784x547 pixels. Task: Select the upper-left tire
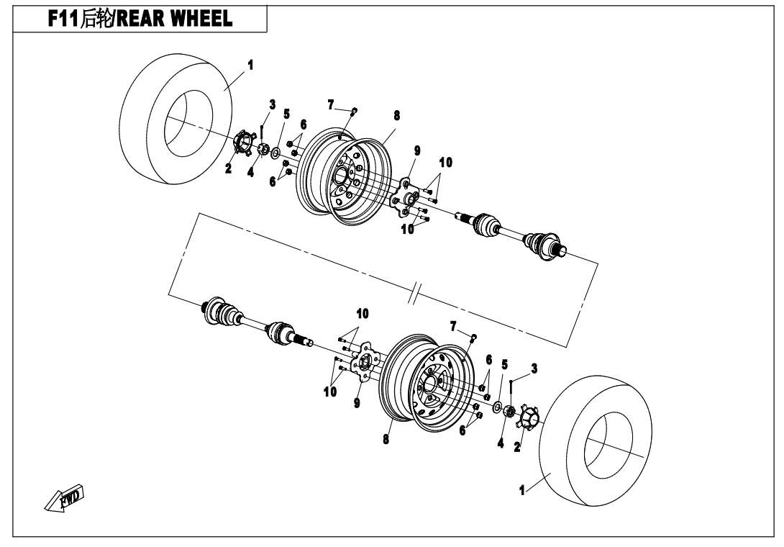click(176, 119)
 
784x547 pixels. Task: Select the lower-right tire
click(596, 440)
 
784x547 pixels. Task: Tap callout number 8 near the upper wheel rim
click(396, 116)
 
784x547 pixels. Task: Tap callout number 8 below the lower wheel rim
click(386, 440)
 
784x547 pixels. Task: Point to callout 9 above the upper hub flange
click(417, 150)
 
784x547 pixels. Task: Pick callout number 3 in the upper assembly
click(272, 104)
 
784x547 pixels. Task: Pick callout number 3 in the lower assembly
click(534, 369)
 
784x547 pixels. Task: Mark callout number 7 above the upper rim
click(330, 105)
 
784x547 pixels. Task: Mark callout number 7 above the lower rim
click(453, 327)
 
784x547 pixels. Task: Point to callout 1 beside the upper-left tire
click(250, 65)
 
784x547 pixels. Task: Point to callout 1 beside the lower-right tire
click(522, 490)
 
